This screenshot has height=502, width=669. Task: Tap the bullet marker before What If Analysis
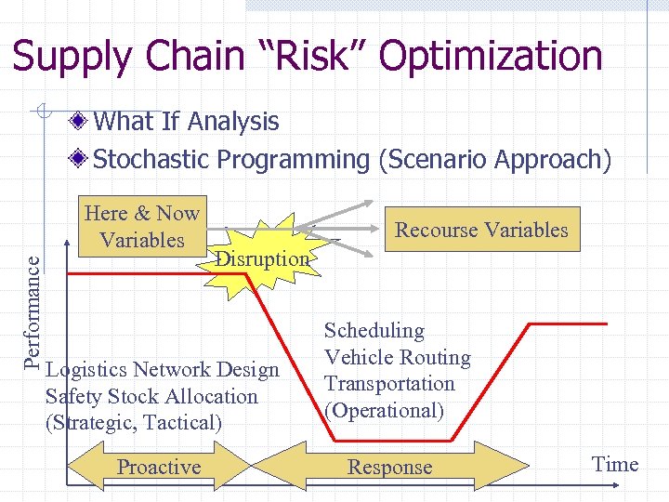click(x=82, y=122)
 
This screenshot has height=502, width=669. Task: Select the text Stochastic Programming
click(x=231, y=160)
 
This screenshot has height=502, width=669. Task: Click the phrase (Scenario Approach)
click(x=494, y=160)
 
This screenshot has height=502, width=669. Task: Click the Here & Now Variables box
click(x=142, y=227)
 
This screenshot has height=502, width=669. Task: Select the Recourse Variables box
click(x=481, y=230)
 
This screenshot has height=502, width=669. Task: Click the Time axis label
click(x=615, y=464)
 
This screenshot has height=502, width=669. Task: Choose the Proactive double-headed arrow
click(x=159, y=467)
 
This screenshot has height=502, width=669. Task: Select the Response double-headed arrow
click(x=389, y=467)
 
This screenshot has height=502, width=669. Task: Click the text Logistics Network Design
click(x=163, y=370)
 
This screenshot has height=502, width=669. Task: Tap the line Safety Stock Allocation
click(x=151, y=396)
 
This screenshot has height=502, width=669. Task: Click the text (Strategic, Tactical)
click(x=134, y=422)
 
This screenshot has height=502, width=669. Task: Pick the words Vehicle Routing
click(x=397, y=357)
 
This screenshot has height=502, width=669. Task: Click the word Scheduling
click(x=374, y=331)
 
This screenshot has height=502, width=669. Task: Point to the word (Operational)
click(x=384, y=410)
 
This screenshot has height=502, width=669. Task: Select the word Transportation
click(x=389, y=384)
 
